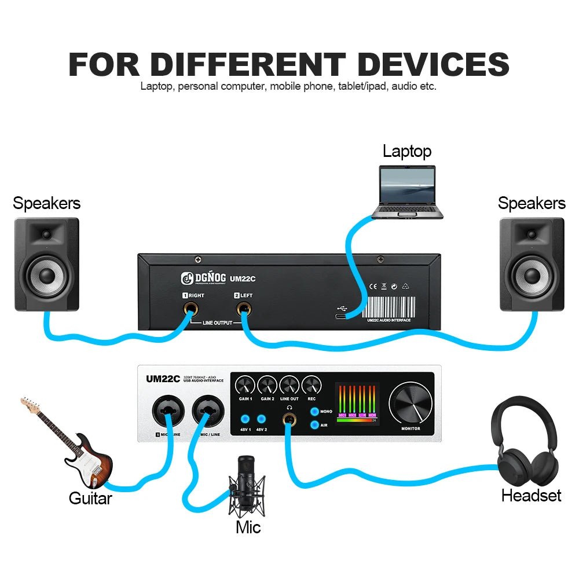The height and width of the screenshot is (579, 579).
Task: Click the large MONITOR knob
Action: click(410, 402)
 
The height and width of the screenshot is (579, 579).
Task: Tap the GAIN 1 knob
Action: click(245, 385)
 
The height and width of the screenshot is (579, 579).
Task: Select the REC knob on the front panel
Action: click(312, 385)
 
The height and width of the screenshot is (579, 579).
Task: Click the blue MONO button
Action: click(314, 412)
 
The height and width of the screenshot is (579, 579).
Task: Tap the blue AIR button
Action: click(314, 424)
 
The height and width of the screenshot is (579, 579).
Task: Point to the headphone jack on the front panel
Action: click(288, 418)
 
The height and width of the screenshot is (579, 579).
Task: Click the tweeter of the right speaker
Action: click(532, 234)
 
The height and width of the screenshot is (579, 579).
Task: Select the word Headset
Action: click(531, 496)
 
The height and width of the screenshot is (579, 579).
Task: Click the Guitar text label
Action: click(90, 498)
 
